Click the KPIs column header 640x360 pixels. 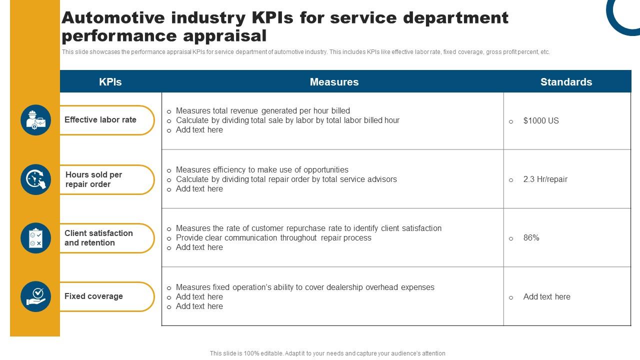coord(110,82)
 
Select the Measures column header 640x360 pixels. coord(334,82)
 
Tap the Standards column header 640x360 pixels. coord(566,82)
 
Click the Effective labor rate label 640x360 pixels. coord(100,120)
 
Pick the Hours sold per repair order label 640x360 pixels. coord(94,179)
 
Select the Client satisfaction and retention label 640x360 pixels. coord(98,238)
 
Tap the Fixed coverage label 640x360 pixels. coord(93,296)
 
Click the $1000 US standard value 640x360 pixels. coord(541,121)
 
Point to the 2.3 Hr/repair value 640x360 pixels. coord(545,179)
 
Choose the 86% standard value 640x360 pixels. coord(531,238)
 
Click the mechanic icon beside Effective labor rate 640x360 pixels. coord(35,120)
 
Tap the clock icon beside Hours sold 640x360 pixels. coord(35,179)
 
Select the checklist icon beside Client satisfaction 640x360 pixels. coord(35,238)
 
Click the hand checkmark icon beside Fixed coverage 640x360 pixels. coord(35,296)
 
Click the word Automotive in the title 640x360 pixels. coord(113,17)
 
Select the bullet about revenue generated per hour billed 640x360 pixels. coord(263,111)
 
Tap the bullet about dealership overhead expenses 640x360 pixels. coord(305,287)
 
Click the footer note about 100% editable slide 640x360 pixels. coord(327,353)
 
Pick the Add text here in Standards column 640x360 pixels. coord(546,297)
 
